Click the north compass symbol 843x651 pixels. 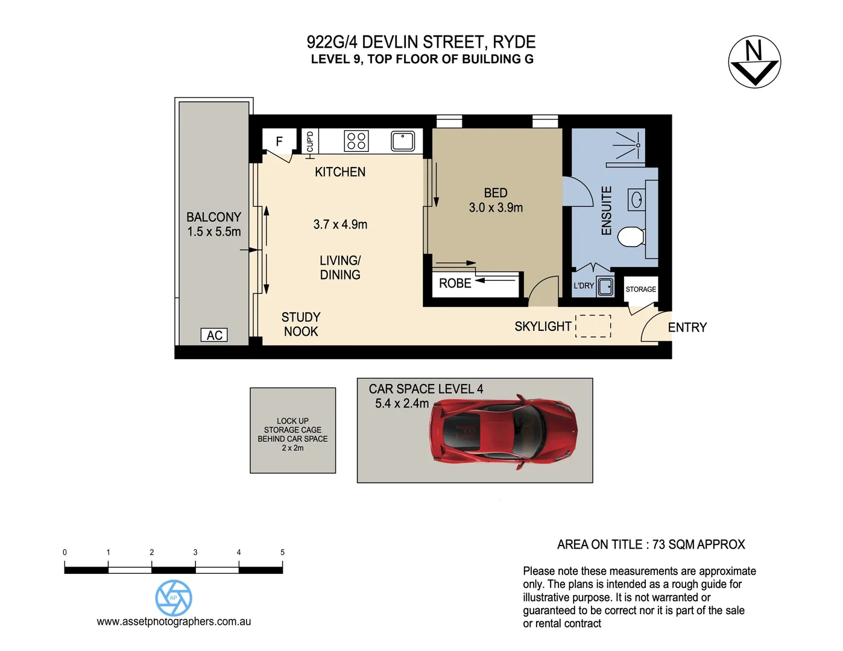coord(754,62)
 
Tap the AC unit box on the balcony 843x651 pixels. coord(214,335)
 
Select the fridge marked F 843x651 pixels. coord(279,142)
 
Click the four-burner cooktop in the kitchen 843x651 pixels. coord(356,141)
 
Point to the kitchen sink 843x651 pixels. coord(403,141)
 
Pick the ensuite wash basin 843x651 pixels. coord(636,200)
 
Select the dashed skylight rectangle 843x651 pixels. coord(593,326)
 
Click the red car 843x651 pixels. coord(505,431)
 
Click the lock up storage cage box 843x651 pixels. coord(293,430)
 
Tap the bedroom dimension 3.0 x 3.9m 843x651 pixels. coord(496,207)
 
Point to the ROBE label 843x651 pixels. coord(455,283)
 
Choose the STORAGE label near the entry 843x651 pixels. coord(640,289)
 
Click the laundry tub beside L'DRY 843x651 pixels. coord(605,286)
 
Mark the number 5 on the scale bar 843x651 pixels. coord(282,552)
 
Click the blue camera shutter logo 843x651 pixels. coord(174,598)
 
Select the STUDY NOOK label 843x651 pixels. coord(301,324)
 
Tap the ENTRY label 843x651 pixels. coord(687,327)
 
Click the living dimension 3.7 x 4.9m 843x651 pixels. coord(340,224)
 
